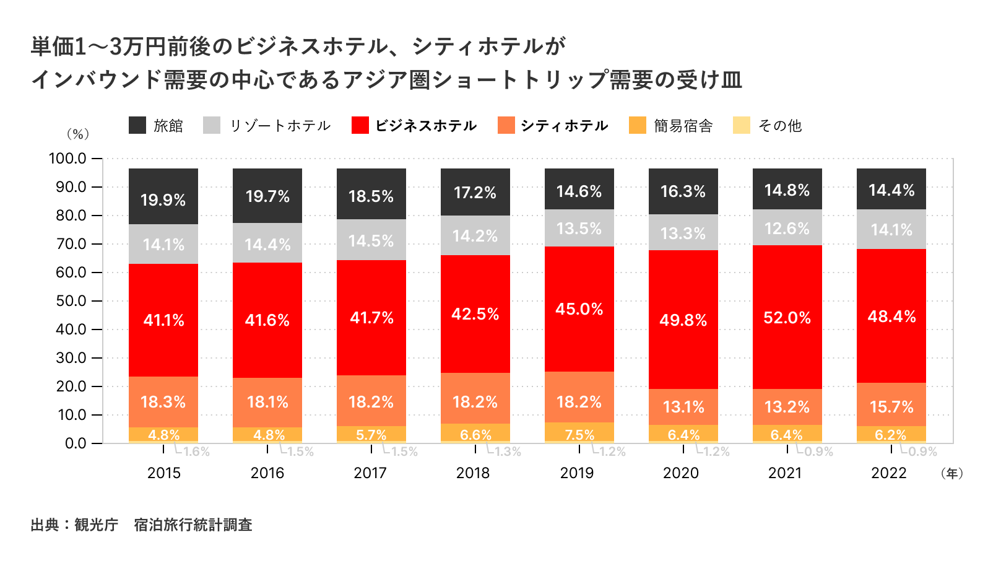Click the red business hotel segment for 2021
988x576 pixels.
pos(787,317)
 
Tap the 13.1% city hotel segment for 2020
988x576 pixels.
pos(683,407)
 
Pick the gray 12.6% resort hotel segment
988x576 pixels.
pos(787,228)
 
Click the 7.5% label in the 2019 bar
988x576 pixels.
pos(579,435)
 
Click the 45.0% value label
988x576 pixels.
pos(579,309)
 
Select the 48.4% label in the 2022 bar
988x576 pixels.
pos(891,316)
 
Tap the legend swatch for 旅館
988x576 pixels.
pos(137,125)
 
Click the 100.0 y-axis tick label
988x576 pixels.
pos(67,159)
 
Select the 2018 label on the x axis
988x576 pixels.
pos(473,473)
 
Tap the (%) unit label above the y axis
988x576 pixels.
pos(78,134)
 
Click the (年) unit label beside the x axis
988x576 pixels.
pos(951,473)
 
